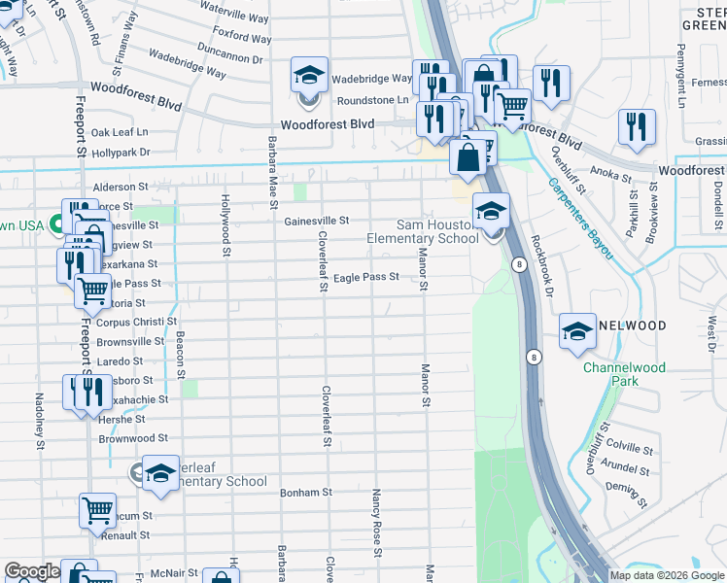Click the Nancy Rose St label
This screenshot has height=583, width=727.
(x=375, y=516)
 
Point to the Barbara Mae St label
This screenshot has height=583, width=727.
(x=272, y=172)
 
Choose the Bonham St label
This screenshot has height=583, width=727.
(x=306, y=493)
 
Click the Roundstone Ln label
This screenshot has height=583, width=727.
(x=373, y=100)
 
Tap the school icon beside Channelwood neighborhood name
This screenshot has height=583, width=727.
(x=577, y=331)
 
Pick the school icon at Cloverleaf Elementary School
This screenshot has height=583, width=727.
(x=160, y=473)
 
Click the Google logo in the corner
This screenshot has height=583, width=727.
(x=31, y=571)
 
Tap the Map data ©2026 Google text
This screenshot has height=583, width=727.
(x=667, y=575)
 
